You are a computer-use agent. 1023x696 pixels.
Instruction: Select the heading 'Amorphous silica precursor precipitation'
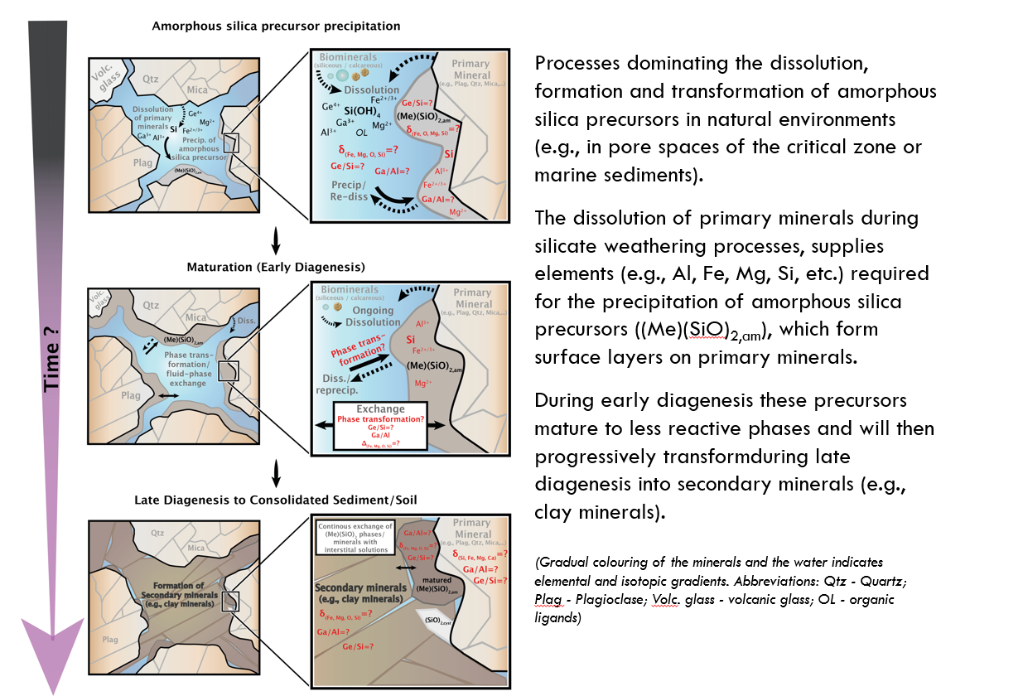click(x=276, y=26)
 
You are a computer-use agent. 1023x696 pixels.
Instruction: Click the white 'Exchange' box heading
click(x=380, y=408)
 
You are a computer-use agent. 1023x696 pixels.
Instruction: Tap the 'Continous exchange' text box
click(x=355, y=534)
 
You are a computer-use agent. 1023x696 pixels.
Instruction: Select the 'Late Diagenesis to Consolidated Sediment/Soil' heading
click(x=277, y=500)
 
